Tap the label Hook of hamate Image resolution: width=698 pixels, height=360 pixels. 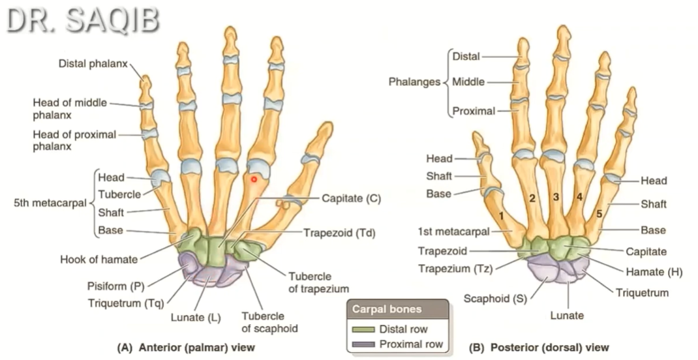point(100,259)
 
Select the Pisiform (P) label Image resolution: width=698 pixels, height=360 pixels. point(115,286)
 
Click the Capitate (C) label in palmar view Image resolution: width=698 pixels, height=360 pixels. point(351,198)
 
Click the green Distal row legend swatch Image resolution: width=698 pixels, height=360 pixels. point(363,329)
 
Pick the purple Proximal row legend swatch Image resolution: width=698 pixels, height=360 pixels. point(363,344)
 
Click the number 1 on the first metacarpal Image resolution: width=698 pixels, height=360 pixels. point(501,215)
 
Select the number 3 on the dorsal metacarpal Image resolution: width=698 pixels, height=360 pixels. point(555,196)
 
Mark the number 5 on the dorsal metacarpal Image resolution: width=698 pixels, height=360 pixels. point(598,213)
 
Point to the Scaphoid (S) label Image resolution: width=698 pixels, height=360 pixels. point(495,299)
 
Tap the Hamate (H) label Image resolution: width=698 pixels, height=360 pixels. point(652,272)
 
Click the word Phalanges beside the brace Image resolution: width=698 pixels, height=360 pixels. point(413,82)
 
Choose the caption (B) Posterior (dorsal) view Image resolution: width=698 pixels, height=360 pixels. point(539,347)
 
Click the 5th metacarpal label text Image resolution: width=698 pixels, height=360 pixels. point(50,203)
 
